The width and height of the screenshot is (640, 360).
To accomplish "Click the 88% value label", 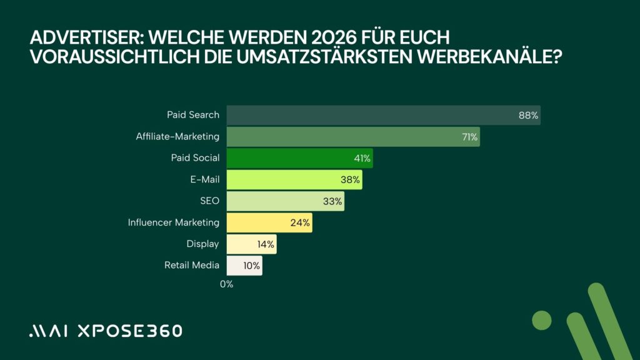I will [528, 116].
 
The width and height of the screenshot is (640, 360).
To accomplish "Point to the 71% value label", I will [469, 137].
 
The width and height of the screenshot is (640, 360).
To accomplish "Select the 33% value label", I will [332, 201].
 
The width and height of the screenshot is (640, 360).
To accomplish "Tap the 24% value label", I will [300, 222].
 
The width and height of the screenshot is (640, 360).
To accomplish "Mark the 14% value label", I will [265, 244].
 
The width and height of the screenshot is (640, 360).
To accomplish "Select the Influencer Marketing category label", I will [174, 222].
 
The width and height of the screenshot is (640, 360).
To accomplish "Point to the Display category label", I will [202, 244].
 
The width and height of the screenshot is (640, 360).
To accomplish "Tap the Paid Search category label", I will [193, 115].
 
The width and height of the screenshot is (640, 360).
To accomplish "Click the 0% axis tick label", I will [226, 284].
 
